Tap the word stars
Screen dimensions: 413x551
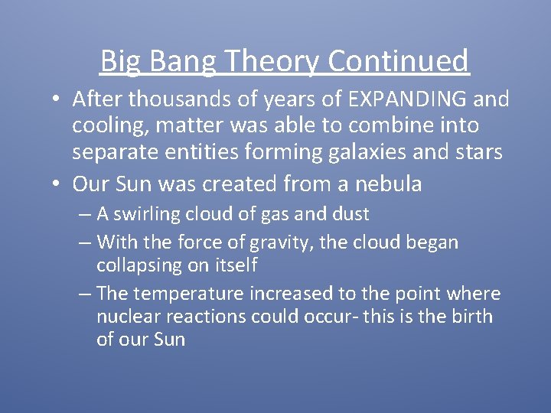[x=475, y=151]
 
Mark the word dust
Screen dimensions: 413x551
[x=348, y=214]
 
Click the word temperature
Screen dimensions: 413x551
[x=189, y=294]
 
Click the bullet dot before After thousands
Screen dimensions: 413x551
[x=58, y=100]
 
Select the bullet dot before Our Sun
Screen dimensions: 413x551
[x=58, y=184]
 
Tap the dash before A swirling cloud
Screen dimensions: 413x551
[x=85, y=215]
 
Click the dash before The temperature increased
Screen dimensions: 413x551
[x=85, y=294]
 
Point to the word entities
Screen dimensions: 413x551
[x=208, y=151]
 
